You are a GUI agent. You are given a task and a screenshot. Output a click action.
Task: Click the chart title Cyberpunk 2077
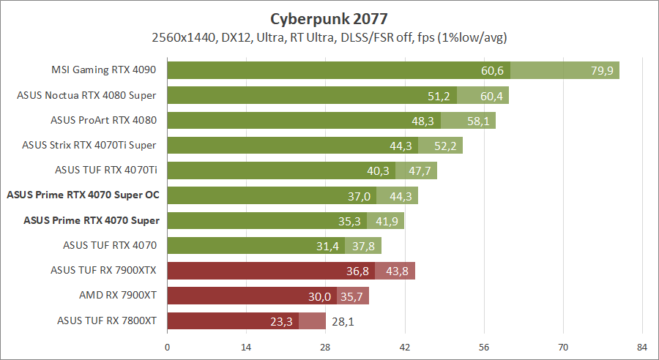[329, 18]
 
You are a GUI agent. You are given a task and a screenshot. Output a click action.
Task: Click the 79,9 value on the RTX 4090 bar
[602, 70]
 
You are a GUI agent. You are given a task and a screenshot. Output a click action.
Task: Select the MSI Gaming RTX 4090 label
[105, 70]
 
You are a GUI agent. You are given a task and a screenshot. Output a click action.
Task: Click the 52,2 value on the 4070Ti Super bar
[445, 146]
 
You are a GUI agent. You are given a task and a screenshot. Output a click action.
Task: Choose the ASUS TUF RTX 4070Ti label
[107, 170]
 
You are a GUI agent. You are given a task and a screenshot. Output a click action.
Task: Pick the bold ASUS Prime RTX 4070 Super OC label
[83, 195]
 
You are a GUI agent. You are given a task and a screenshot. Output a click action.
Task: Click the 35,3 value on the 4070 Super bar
[350, 220]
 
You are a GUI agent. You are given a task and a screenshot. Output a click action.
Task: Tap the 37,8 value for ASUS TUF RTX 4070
[364, 246]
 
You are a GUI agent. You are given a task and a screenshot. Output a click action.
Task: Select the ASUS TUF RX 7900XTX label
[104, 270]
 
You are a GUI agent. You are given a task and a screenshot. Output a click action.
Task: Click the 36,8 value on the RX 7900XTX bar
[357, 271]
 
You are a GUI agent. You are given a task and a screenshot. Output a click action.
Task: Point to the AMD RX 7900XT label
[119, 296]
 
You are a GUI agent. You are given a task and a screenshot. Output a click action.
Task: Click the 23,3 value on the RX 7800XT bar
[282, 320]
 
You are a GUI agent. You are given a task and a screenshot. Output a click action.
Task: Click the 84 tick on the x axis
[641, 346]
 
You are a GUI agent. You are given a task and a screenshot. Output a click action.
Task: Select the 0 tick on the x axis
[168, 346]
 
